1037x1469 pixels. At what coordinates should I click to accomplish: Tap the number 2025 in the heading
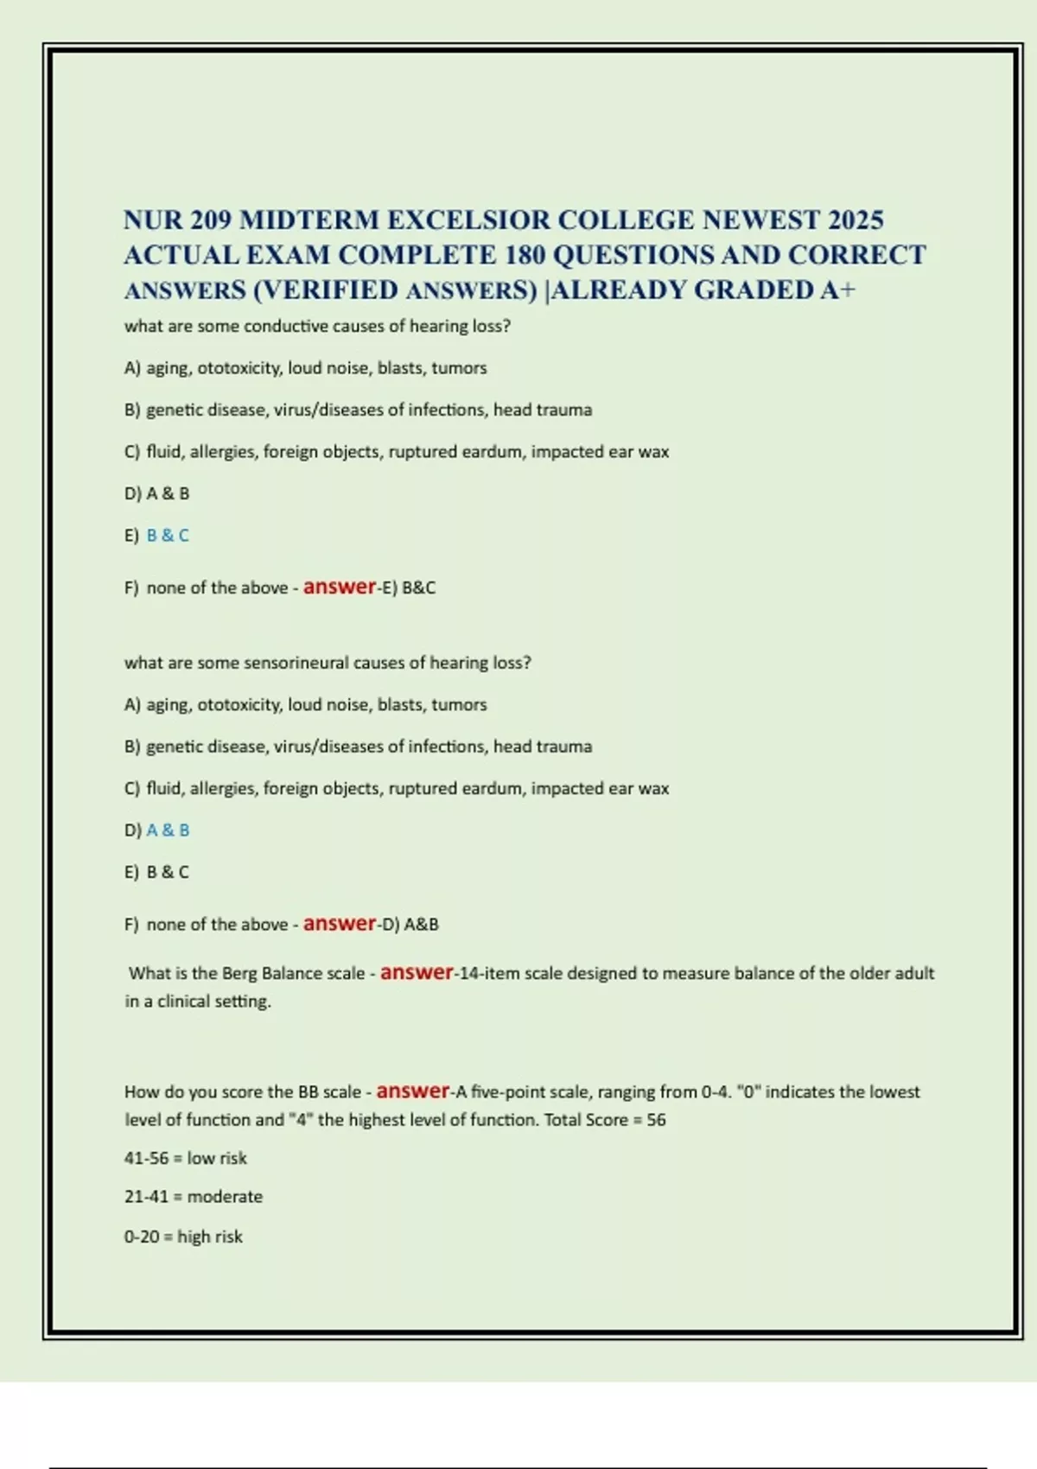[855, 220]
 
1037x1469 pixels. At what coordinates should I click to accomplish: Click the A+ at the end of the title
[838, 290]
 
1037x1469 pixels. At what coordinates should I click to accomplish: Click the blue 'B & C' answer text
[168, 536]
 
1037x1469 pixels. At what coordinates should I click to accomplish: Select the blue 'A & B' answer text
[168, 830]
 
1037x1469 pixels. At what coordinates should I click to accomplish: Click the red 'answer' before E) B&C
[340, 587]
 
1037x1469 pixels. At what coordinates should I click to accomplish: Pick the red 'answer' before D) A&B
[340, 924]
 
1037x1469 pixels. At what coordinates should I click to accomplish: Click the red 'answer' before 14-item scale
[417, 972]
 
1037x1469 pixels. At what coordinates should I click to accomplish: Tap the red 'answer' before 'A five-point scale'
[413, 1091]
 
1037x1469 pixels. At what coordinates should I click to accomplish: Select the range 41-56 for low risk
[146, 1159]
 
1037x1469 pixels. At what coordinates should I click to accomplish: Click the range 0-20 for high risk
[142, 1237]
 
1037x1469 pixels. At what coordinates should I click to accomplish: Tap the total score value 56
[656, 1121]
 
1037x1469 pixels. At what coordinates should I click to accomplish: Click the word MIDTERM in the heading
[309, 220]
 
